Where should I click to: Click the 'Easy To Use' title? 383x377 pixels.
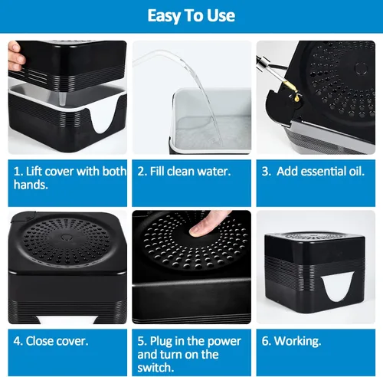click(191, 16)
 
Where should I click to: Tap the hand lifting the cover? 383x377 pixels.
click(16, 57)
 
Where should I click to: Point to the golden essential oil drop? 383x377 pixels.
click(296, 98)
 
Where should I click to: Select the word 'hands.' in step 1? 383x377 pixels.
click(31, 185)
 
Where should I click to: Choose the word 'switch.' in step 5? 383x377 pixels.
click(155, 368)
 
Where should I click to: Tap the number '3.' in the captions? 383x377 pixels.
click(267, 172)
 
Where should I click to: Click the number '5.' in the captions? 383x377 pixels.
click(142, 341)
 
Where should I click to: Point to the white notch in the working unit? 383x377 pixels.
click(336, 285)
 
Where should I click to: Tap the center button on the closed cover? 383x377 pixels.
click(66, 238)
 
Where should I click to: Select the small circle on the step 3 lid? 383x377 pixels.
click(361, 68)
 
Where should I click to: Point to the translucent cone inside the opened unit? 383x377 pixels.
click(62, 98)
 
